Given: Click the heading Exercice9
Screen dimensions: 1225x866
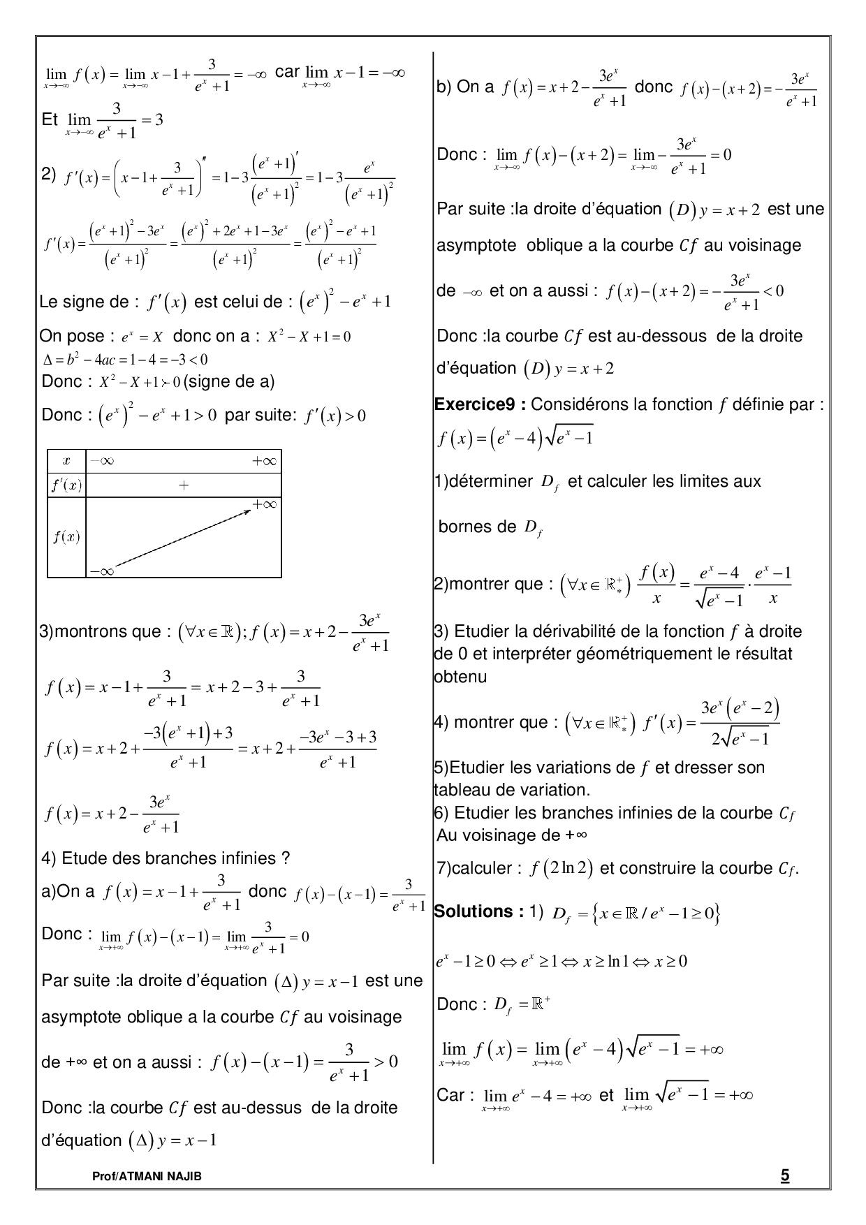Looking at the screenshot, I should [478, 404].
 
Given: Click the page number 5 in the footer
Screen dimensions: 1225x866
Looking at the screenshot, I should [785, 1175].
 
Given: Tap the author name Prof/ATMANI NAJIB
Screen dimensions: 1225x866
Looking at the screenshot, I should [147, 1177].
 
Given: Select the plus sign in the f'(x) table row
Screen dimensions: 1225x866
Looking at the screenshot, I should [184, 485].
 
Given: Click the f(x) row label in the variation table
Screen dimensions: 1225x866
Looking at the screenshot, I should [66, 537].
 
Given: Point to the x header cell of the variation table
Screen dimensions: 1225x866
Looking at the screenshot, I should [66, 461].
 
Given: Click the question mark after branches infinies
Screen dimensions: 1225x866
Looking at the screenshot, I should [285, 858].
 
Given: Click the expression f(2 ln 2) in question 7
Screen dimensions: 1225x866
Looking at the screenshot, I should [562, 869].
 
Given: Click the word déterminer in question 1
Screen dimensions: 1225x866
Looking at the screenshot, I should [492, 481].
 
